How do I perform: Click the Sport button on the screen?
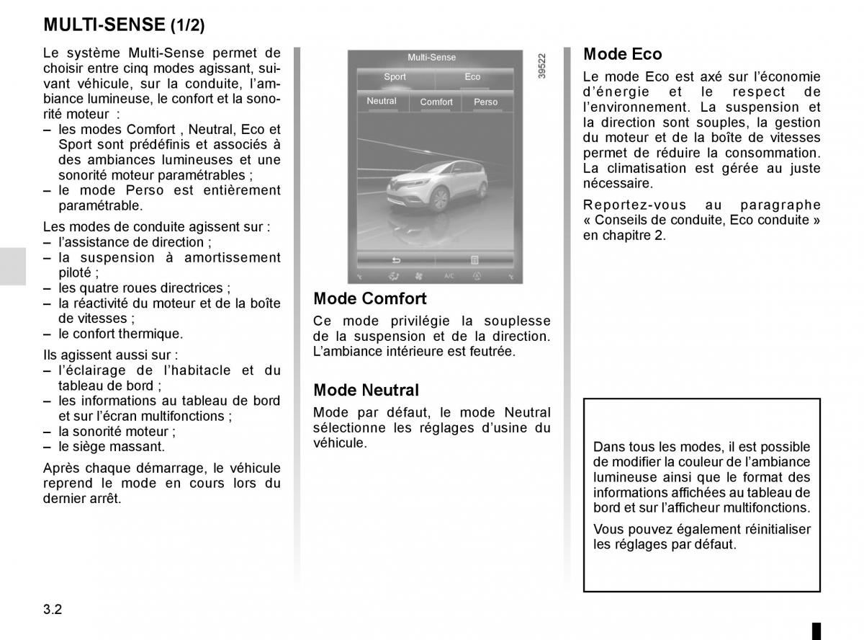tap(395, 77)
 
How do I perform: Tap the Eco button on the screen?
tap(472, 77)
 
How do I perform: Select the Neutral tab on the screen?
tap(382, 102)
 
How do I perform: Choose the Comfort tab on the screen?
tap(436, 102)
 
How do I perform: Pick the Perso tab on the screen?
tap(486, 102)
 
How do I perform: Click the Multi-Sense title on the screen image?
tap(432, 58)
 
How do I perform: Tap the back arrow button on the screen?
tap(395, 260)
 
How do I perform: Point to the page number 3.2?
tap(53, 609)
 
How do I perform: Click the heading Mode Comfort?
tap(370, 298)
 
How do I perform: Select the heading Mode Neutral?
tap(366, 390)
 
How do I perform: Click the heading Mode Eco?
tap(622, 54)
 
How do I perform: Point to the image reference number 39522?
tap(542, 66)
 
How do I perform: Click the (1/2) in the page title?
tap(187, 26)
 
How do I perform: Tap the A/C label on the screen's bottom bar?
tap(449, 276)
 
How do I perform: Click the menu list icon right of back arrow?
tap(475, 260)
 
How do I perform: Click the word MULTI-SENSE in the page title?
tap(104, 25)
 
